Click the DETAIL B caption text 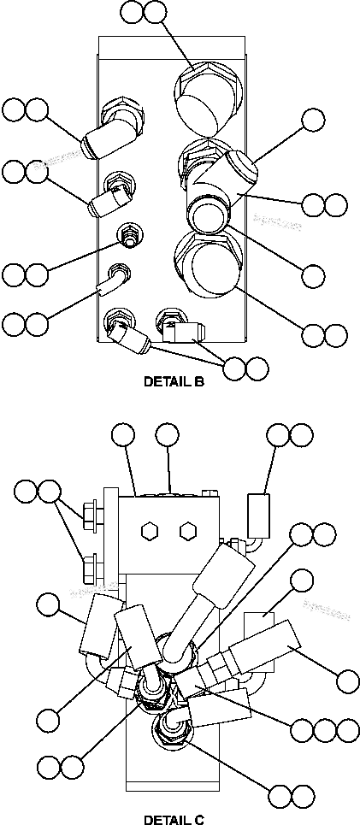174,382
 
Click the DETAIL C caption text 174,819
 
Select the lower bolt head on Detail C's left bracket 88,566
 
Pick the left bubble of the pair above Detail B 132,12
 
